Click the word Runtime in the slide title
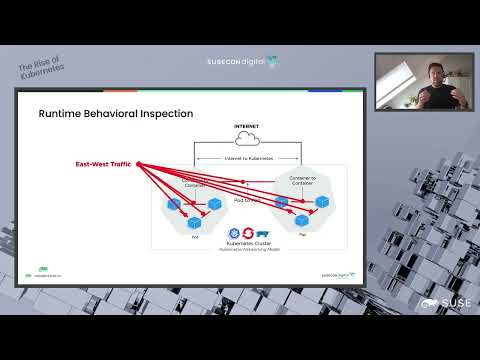63,113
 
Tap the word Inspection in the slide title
167,113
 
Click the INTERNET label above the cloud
246,126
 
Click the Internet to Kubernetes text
246,157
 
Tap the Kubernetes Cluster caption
249,243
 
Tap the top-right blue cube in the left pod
213,203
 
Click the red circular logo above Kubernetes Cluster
249,233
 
